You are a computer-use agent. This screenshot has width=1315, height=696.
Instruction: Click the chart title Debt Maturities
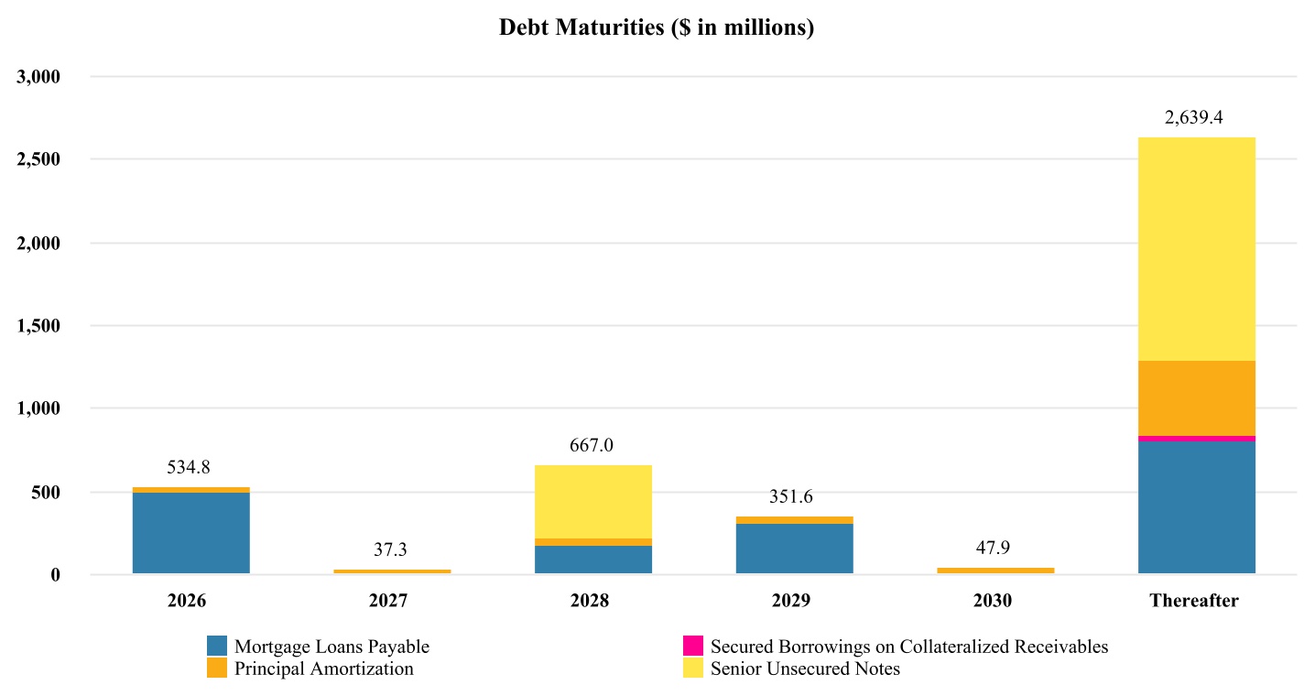coord(657,28)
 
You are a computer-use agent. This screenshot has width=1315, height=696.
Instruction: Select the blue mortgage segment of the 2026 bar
coord(191,533)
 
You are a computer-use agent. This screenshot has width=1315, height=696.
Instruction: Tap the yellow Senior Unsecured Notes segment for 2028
coord(593,502)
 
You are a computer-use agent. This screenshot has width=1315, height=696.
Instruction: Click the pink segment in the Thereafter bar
coord(1196,439)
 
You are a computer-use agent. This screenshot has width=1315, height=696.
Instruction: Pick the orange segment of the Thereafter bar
coord(1196,398)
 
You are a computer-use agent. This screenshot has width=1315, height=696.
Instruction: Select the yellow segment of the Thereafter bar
coord(1196,249)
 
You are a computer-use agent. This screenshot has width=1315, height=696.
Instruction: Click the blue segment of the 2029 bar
coord(794,549)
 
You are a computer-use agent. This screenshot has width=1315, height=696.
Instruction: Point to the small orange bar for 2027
coord(392,571)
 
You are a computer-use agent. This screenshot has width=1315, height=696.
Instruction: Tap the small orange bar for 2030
coord(995,571)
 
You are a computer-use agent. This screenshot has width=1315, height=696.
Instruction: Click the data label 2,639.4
coord(1194,118)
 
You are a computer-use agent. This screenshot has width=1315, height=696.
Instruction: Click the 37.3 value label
coord(390,550)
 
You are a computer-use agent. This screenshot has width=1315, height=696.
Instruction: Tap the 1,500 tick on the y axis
coord(38,326)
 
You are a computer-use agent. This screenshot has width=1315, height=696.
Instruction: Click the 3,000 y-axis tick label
coord(38,77)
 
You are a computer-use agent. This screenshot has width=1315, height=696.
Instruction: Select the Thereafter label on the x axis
coord(1194,602)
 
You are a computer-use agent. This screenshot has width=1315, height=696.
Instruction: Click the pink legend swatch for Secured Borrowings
coord(693,646)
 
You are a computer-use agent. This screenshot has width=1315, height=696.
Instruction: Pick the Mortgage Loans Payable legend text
coord(331,647)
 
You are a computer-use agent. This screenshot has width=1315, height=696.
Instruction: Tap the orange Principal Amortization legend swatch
coord(217,669)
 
